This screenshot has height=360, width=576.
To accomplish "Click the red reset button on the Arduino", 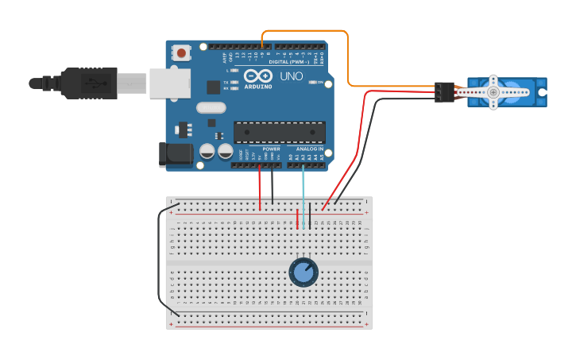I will tap(182, 53).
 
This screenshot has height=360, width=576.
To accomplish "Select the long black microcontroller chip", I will tap(280, 132).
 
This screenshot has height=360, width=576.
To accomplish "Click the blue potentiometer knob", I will tap(303, 273).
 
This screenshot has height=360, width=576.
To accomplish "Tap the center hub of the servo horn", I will tap(493, 93).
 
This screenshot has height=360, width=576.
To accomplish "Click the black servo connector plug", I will tap(443, 91).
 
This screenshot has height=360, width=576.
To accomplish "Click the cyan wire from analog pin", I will tap(303, 191).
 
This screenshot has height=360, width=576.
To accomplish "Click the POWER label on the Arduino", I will tap(271, 149).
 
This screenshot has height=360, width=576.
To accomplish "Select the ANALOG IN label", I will tap(309, 149).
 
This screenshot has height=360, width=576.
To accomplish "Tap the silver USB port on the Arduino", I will tap(170, 83).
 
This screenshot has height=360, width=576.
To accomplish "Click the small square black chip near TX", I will tap(213, 87).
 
